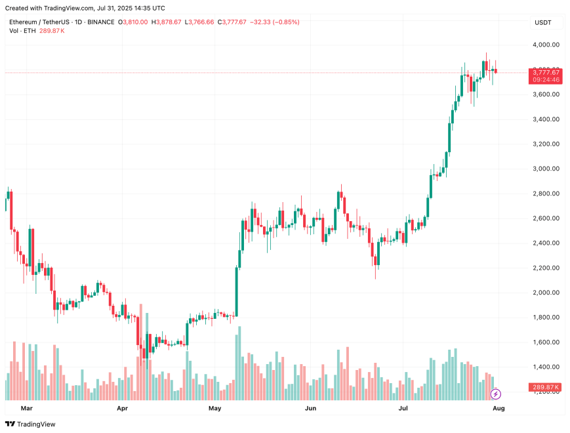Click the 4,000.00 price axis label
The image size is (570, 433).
click(x=546, y=45)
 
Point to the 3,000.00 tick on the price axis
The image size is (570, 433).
click(x=546, y=169)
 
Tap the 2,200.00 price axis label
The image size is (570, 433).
click(x=546, y=268)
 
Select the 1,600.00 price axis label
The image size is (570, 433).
click(x=546, y=342)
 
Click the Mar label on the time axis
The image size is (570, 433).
click(x=27, y=408)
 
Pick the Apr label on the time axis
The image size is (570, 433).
click(x=123, y=408)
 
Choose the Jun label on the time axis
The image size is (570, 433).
click(x=311, y=408)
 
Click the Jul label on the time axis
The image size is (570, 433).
click(x=403, y=408)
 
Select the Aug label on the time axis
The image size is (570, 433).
click(x=499, y=408)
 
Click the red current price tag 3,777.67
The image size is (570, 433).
click(x=546, y=72)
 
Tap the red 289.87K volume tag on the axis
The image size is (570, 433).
click(x=546, y=388)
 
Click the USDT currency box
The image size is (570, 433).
click(x=543, y=23)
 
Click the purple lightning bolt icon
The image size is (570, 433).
click(x=496, y=394)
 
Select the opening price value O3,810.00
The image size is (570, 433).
click(x=133, y=22)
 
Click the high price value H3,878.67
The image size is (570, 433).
click(x=167, y=22)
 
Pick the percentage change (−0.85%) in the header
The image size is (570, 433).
click(x=283, y=22)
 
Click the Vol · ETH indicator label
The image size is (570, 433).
click(x=23, y=31)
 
